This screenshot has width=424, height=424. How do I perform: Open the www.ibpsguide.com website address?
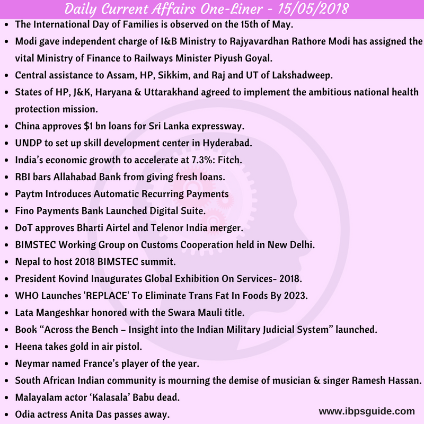click(366, 411)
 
